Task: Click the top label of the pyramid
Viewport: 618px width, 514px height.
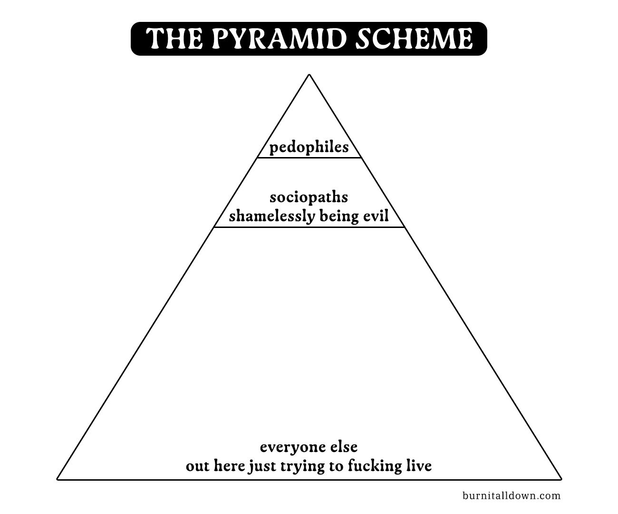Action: point(309,148)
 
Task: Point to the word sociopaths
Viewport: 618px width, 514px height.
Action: point(309,197)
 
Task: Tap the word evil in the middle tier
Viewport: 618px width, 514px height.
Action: point(376,217)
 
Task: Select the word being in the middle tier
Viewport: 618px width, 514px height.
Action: point(338,217)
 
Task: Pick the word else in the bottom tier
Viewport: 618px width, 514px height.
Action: point(342,447)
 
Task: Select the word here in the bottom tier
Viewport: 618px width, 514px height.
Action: point(230,465)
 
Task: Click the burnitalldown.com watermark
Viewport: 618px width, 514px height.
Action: point(512,495)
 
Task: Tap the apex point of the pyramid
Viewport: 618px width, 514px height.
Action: point(309,75)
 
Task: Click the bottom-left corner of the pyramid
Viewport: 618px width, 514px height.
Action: point(58,479)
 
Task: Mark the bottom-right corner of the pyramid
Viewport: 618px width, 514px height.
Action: point(561,479)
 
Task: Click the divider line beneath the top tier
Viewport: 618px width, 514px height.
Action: point(309,158)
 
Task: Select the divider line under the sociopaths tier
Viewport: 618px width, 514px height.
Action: point(309,227)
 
